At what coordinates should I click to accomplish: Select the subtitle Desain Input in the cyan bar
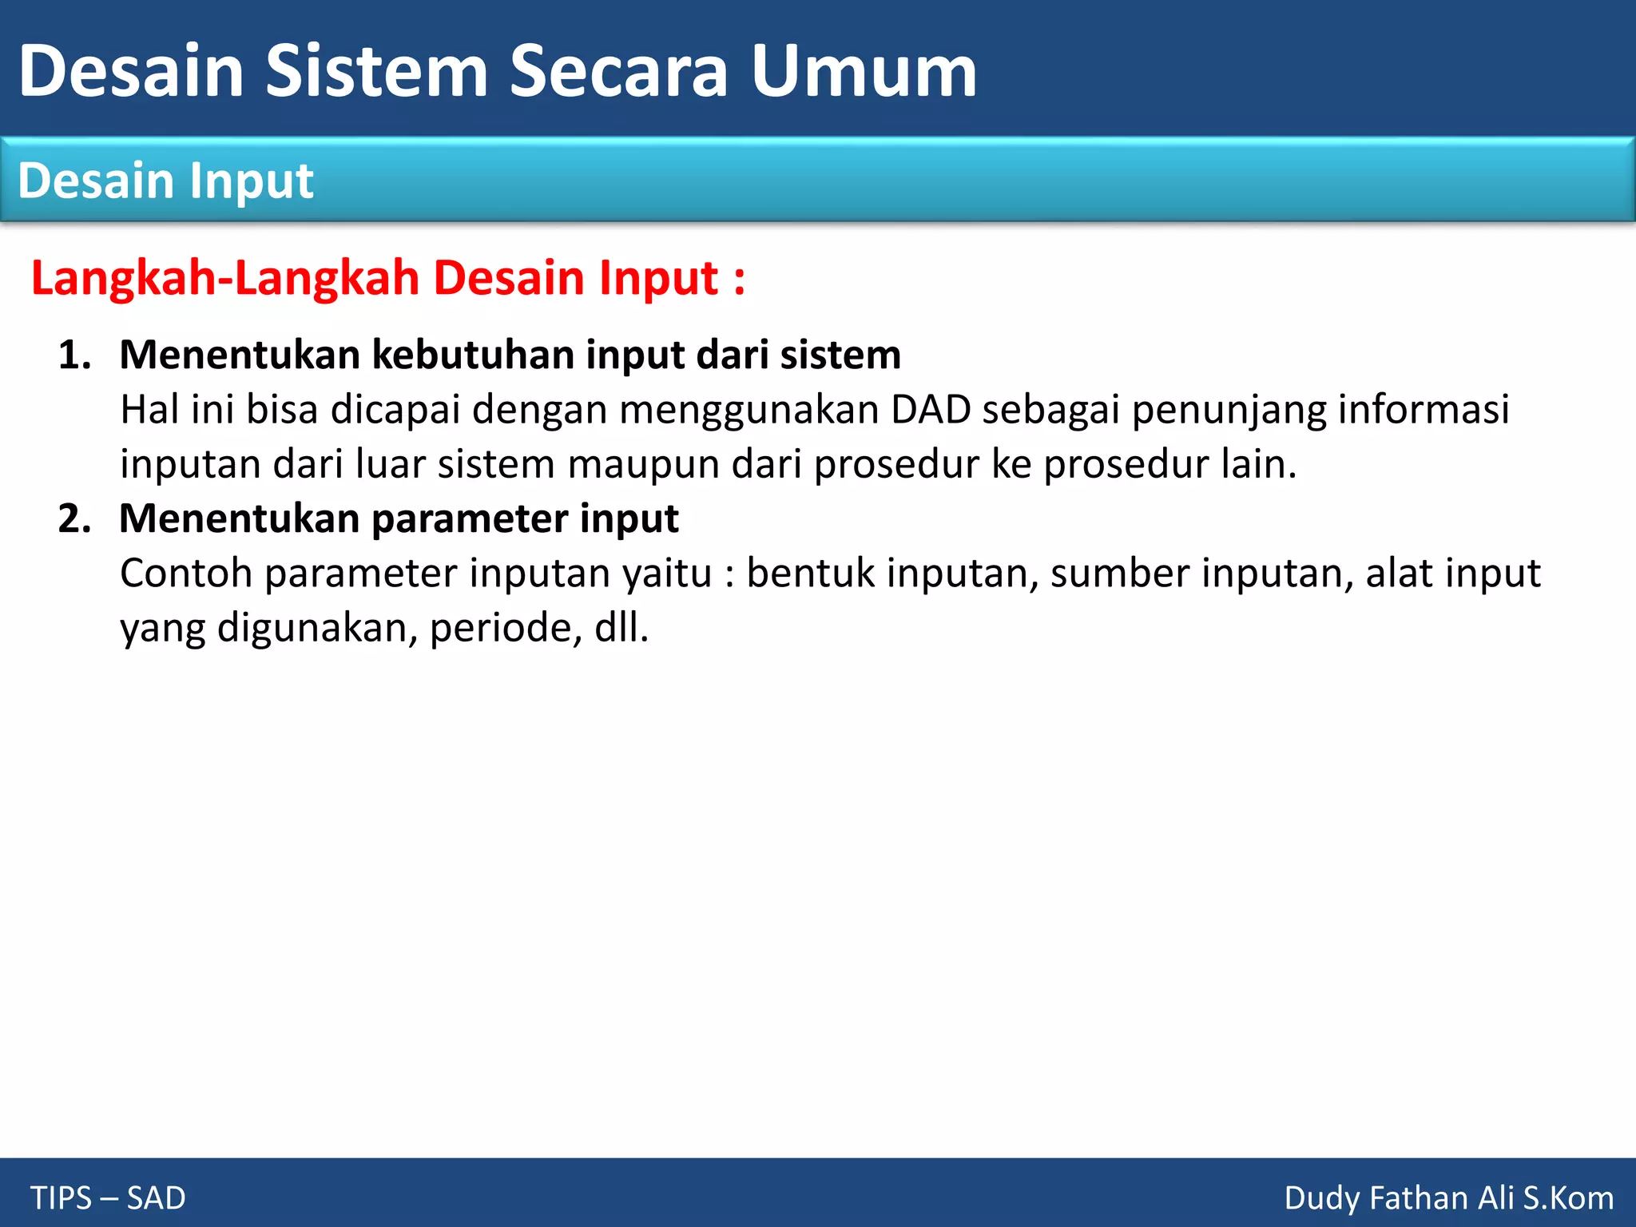(x=165, y=181)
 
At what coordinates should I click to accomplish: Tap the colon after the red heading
(x=739, y=280)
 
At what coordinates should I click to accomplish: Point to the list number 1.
(x=73, y=355)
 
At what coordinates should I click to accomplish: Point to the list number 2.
(x=73, y=518)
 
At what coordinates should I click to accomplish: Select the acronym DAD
(x=931, y=410)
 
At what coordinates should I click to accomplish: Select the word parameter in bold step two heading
(x=470, y=518)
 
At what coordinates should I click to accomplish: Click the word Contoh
(x=186, y=574)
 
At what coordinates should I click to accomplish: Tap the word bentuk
(x=810, y=574)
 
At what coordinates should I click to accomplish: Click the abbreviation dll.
(x=620, y=628)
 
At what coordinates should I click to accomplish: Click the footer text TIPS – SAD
(x=108, y=1198)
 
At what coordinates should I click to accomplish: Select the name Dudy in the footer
(x=1321, y=1198)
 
